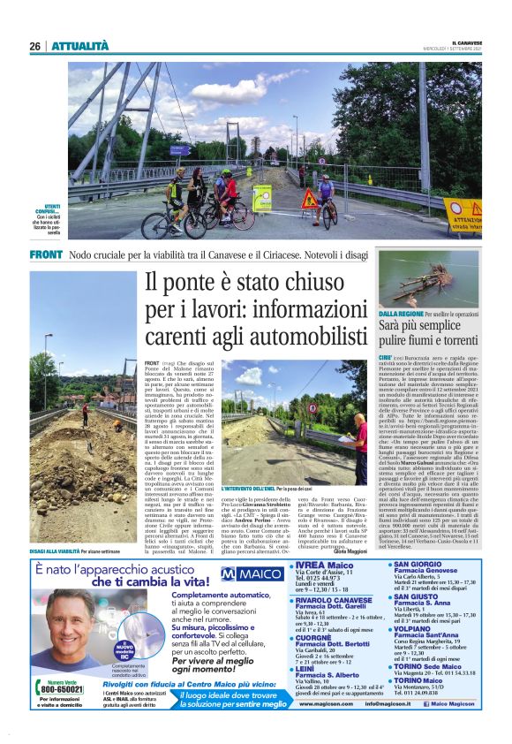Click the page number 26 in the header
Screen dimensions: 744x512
click(x=35, y=46)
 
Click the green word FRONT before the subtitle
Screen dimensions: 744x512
click(x=45, y=254)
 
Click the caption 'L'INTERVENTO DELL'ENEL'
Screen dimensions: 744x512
click(x=251, y=488)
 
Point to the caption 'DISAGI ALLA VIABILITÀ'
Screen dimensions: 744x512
click(x=59, y=526)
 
